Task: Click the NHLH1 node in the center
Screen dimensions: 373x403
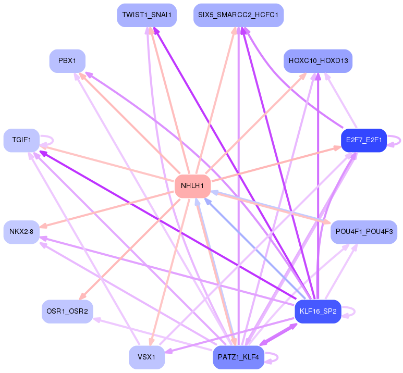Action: point(192,186)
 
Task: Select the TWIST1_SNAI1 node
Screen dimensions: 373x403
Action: point(146,15)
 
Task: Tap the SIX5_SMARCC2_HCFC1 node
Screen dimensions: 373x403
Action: point(238,15)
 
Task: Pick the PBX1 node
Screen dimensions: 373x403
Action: point(67,61)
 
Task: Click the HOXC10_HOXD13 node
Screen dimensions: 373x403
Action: point(318,61)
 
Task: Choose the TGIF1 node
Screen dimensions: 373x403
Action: point(21,140)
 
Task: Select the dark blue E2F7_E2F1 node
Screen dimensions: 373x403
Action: point(363,140)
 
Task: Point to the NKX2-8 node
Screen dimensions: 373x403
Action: point(21,232)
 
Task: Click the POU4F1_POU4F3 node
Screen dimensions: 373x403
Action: point(364,232)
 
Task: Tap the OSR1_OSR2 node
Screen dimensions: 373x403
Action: point(67,312)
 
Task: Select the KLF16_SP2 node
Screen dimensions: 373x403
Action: point(318,312)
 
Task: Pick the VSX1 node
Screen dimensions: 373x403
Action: point(146,357)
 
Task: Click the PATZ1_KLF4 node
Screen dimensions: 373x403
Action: point(238,357)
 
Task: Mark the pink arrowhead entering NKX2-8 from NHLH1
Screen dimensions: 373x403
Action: point(44,226)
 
